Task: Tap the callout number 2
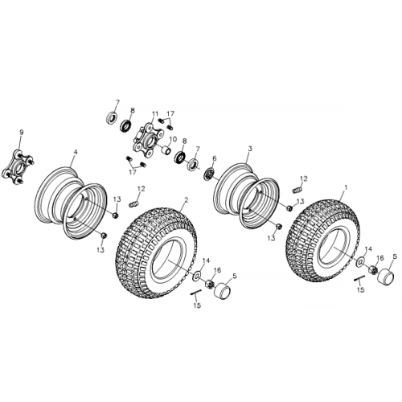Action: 186,201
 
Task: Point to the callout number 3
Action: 250,150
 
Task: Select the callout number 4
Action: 75,151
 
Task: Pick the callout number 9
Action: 22,132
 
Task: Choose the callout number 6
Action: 214,158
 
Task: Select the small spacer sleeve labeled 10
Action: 167,150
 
